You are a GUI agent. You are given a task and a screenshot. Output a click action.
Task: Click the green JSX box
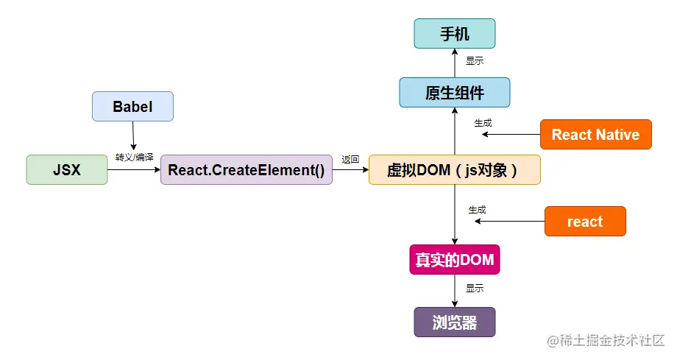pos(67,169)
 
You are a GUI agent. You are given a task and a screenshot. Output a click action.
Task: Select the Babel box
pos(132,106)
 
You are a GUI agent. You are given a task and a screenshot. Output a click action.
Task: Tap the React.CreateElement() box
pos(246,169)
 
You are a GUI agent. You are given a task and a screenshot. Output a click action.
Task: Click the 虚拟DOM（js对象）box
pos(454,169)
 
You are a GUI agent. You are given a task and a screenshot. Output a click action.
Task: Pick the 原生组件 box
pos(454,93)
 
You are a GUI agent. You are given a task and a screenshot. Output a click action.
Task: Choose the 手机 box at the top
pos(454,34)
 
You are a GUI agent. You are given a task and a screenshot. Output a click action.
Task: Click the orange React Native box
pos(595,135)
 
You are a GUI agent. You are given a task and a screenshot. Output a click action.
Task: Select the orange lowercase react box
pos(585,222)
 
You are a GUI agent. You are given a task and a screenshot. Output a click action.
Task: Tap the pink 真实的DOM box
pos(454,260)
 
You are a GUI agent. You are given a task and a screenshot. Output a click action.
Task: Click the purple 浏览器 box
pos(454,322)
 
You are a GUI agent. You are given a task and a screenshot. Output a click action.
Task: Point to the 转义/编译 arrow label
pos(134,158)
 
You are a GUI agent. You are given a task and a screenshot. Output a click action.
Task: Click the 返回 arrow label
pos(350,159)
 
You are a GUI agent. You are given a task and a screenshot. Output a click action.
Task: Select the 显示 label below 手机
pos(475,61)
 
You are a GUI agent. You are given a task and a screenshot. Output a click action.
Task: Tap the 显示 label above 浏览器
pos(475,289)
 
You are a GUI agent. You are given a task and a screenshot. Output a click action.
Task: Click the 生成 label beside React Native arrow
pos(483,123)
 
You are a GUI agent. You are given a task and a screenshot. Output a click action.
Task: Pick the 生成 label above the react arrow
pos(478,210)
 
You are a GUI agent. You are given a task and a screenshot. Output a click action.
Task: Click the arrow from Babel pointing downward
pos(133,135)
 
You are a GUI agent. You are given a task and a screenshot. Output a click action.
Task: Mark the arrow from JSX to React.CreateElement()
pos(134,169)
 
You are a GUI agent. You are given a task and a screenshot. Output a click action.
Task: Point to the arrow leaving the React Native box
pos(511,135)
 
